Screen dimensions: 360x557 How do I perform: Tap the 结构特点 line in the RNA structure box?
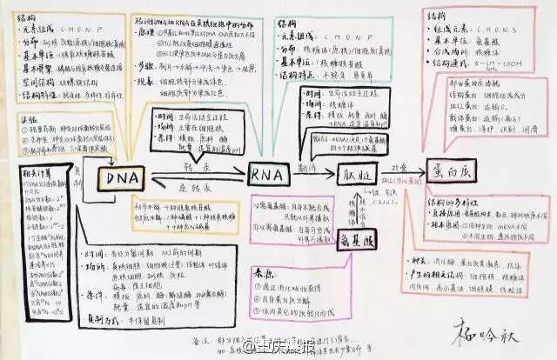pyautogui.click(x=297, y=75)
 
